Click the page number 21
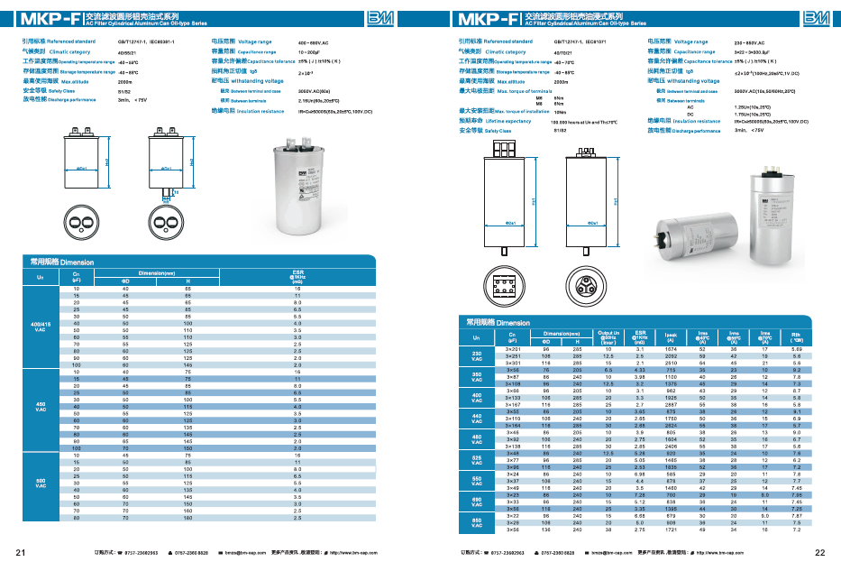(20, 552)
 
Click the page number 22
(819, 552)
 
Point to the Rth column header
(795, 336)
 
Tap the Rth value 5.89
(795, 348)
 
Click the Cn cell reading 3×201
(513, 348)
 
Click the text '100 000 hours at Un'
(571, 120)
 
